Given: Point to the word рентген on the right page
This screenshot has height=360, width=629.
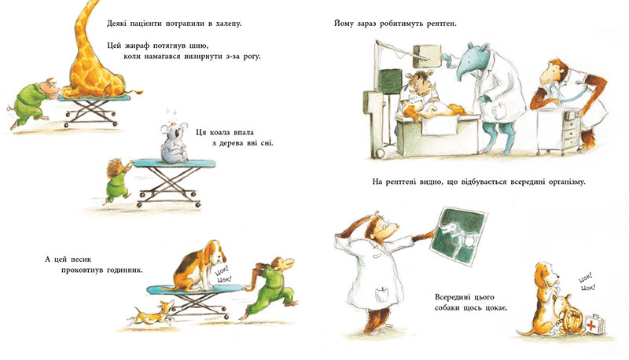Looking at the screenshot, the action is pos(442,24).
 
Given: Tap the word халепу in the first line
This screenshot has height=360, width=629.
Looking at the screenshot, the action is pos(229,24).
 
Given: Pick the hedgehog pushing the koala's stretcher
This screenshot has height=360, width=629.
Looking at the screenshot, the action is pos(119,180).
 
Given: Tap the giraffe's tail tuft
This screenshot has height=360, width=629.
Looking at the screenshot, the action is pos(139,94).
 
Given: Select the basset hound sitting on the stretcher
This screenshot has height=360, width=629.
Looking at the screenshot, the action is pos(200,266).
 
